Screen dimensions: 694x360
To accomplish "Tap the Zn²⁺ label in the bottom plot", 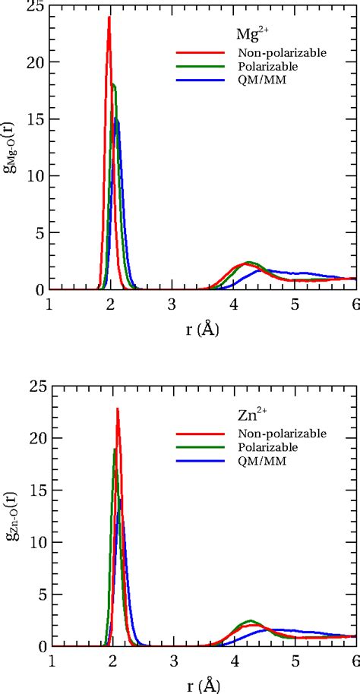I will pos(247,417).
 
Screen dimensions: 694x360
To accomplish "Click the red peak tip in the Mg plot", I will pos(109,17).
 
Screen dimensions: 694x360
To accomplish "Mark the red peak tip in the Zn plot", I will pos(118,409).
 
